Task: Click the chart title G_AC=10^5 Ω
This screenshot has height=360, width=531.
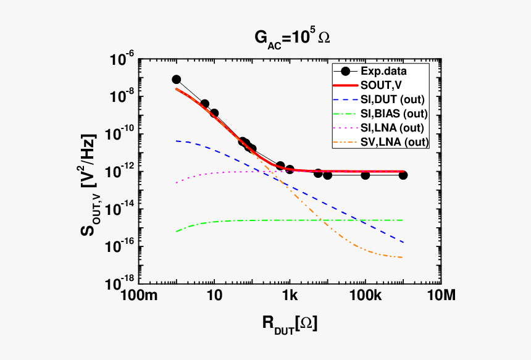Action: point(292,38)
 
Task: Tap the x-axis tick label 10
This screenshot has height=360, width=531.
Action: point(214,296)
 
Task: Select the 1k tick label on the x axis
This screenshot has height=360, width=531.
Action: point(290,296)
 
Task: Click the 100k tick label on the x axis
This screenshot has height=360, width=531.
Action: point(366,296)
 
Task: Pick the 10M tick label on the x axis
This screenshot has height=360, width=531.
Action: point(440,296)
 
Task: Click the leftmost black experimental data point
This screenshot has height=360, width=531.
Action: point(177,80)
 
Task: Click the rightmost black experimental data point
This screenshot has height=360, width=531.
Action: point(403,175)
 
